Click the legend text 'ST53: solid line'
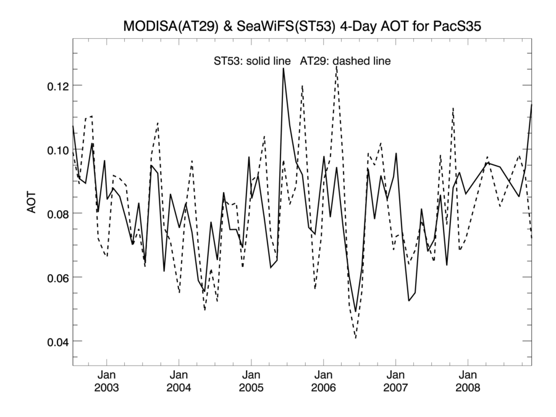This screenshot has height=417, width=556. click(252, 61)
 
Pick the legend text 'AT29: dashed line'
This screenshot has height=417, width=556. click(345, 61)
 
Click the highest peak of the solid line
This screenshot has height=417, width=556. click(284, 69)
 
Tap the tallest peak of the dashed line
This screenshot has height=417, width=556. click(336, 66)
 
